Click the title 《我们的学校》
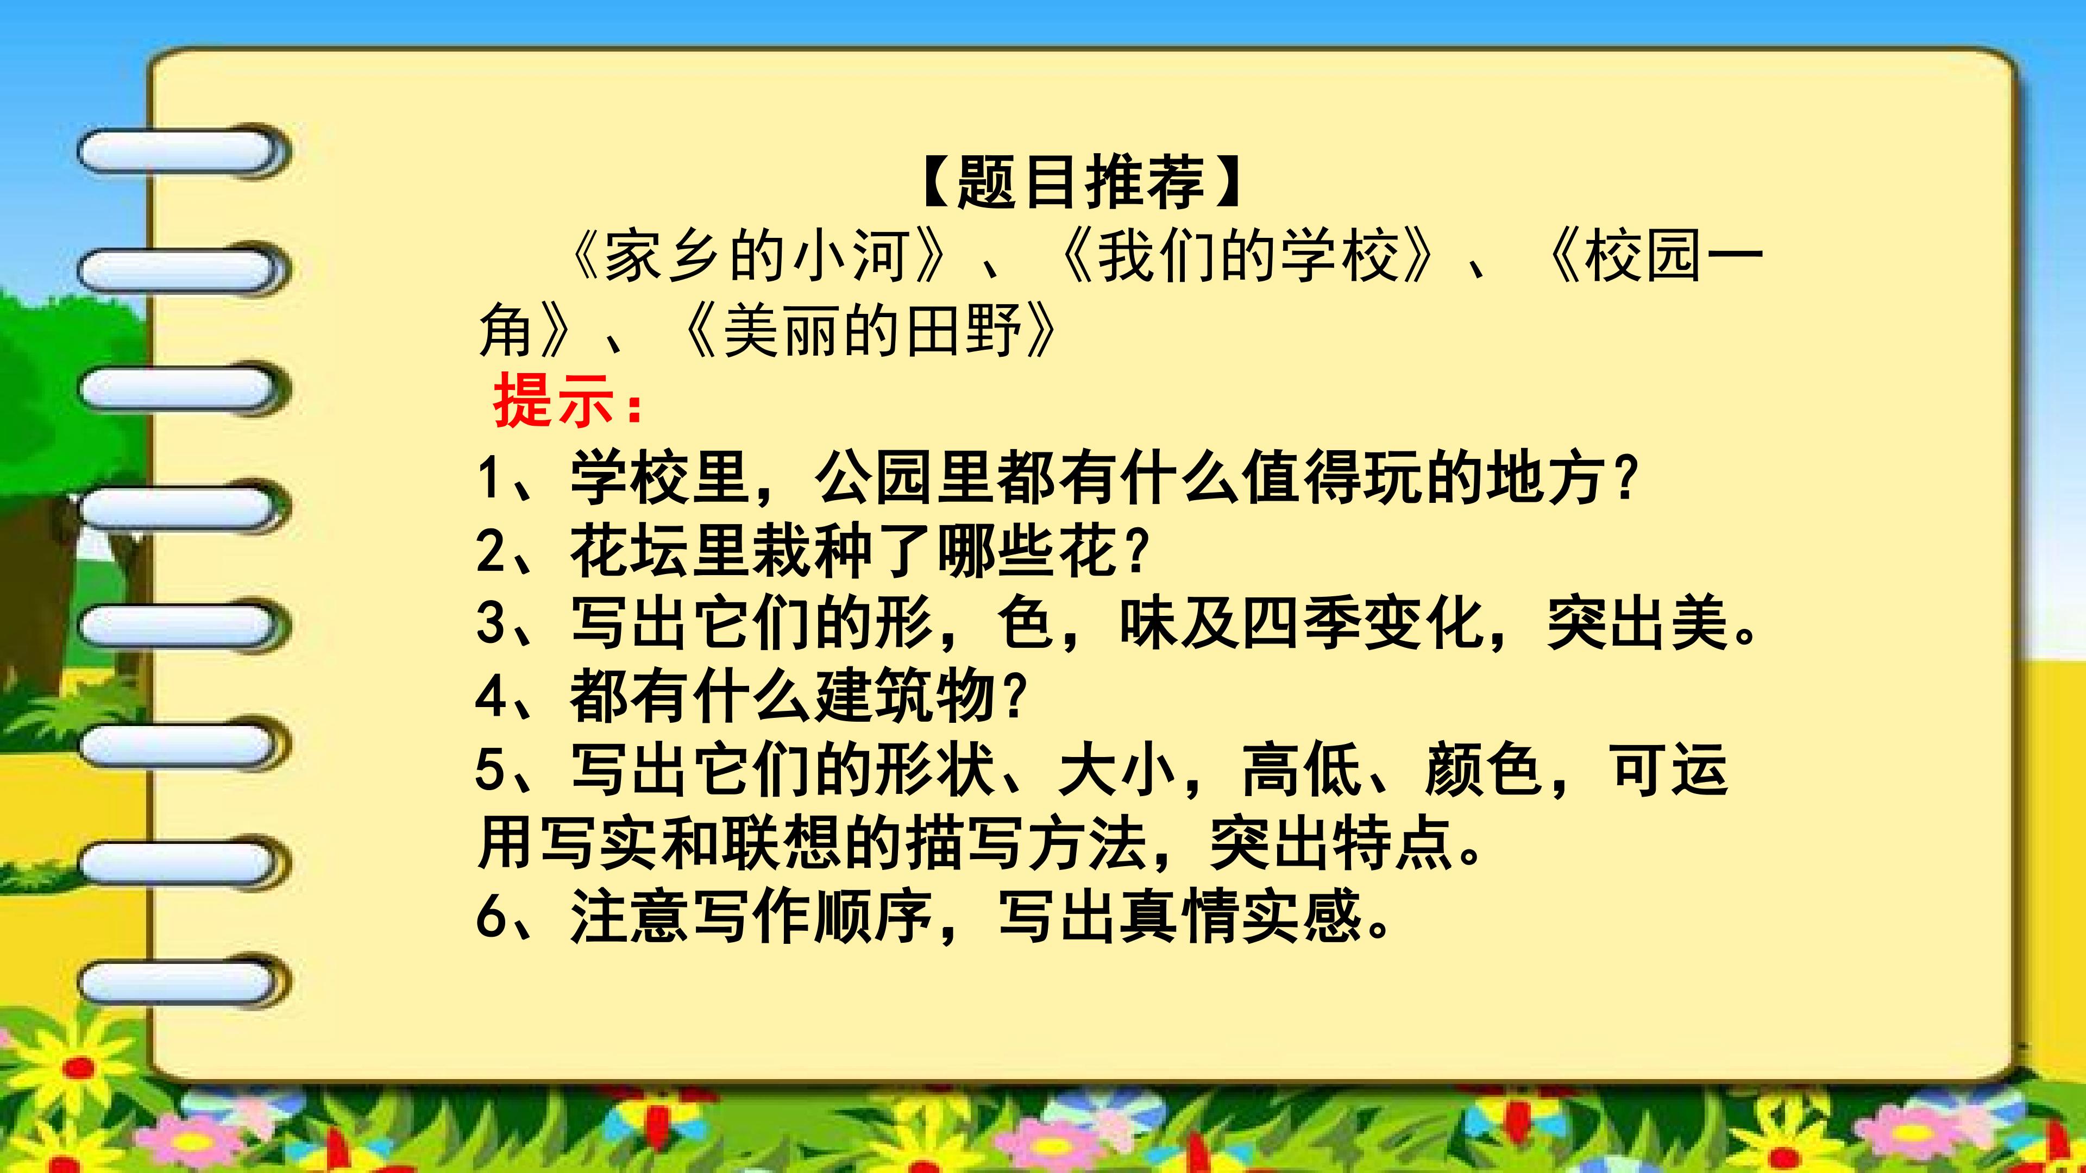pos(1248,257)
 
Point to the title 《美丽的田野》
pos(870,332)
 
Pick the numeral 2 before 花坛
pos(490,551)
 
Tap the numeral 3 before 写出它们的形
pos(490,623)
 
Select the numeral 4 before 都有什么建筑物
pos(490,696)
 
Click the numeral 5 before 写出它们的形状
pos(490,769)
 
